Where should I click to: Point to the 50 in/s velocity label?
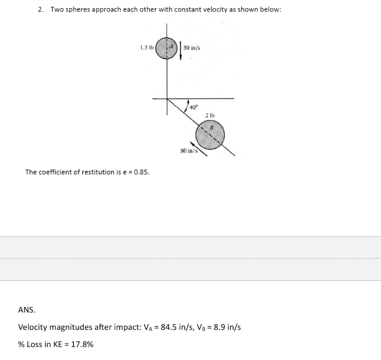click(192, 48)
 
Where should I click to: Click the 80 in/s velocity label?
click(187, 151)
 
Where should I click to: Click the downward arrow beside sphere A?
click(181, 50)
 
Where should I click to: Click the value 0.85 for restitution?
click(141, 172)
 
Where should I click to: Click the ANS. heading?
click(27, 310)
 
